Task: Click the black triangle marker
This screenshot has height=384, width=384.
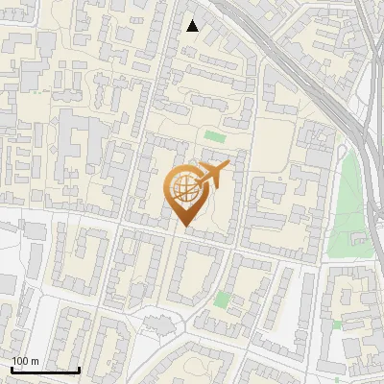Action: point(192,26)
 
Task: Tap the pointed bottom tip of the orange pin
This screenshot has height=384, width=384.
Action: point(184,227)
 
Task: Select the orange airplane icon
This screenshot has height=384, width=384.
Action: point(211,177)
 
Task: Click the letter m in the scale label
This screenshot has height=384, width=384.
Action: point(35,361)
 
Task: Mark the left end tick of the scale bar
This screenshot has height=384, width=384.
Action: point(12,369)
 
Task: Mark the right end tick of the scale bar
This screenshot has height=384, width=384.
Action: point(79,369)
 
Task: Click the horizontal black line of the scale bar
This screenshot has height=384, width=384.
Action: point(45,370)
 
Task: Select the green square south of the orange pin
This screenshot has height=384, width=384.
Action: point(223,299)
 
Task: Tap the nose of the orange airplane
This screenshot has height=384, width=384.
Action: point(229,167)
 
